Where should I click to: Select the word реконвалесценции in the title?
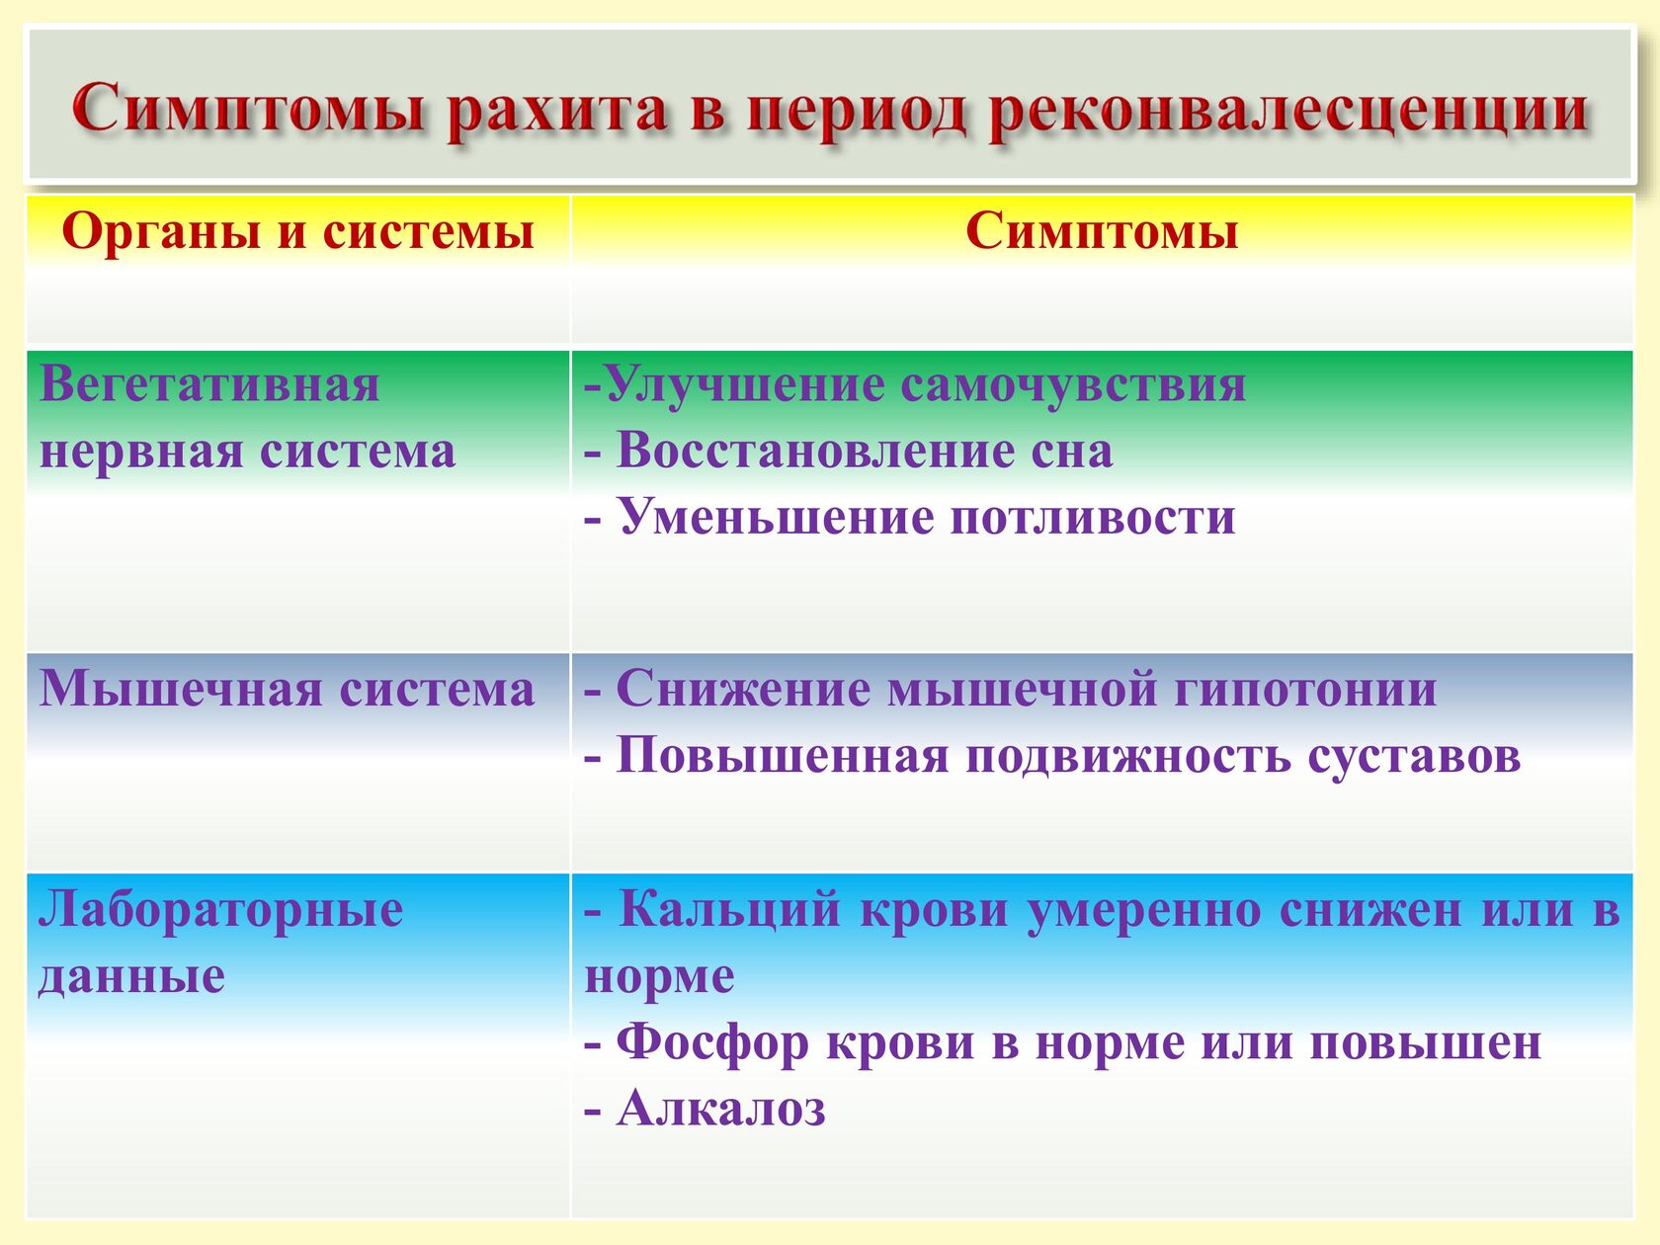point(1286,112)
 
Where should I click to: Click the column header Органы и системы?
point(298,230)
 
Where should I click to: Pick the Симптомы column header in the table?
point(1101,230)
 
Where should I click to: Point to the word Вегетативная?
point(209,383)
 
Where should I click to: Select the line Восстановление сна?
point(849,451)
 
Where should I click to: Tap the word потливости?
point(1092,517)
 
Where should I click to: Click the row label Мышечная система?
point(287,689)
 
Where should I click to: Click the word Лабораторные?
point(220,909)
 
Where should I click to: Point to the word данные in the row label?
point(131,976)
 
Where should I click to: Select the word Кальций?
point(729,909)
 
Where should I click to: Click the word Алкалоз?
point(720,1109)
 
